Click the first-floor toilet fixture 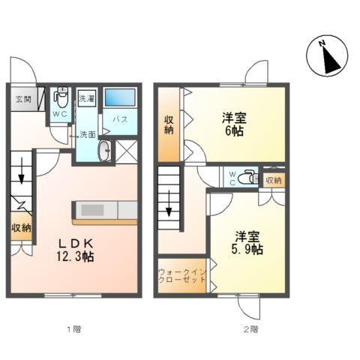(x=61, y=97)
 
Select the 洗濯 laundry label (x=86, y=98)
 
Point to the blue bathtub (x=119, y=97)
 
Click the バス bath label (x=119, y=119)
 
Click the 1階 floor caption (x=72, y=328)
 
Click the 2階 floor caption (x=250, y=328)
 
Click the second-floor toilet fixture (x=250, y=178)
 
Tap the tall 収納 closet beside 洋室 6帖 (x=169, y=124)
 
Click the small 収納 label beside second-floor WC (x=273, y=180)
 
